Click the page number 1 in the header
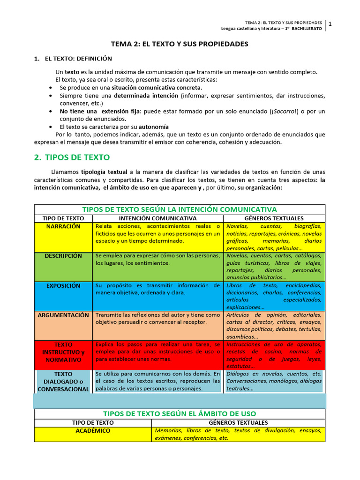pyautogui.click(x=330, y=24)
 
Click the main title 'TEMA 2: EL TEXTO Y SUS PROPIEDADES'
pyautogui.click(x=180, y=44)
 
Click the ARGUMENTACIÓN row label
pyautogui.click(x=63, y=315)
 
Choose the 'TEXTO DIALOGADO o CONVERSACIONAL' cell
pyautogui.click(x=63, y=382)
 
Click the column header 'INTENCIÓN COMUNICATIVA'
pyautogui.click(x=157, y=218)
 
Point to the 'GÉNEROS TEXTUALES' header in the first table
pyautogui.click(x=274, y=218)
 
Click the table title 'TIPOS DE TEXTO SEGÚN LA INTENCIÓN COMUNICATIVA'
pyautogui.click(x=180, y=209)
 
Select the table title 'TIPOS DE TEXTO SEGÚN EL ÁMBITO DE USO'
pyautogui.click(x=180, y=413)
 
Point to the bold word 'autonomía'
pyautogui.click(x=153, y=127)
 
